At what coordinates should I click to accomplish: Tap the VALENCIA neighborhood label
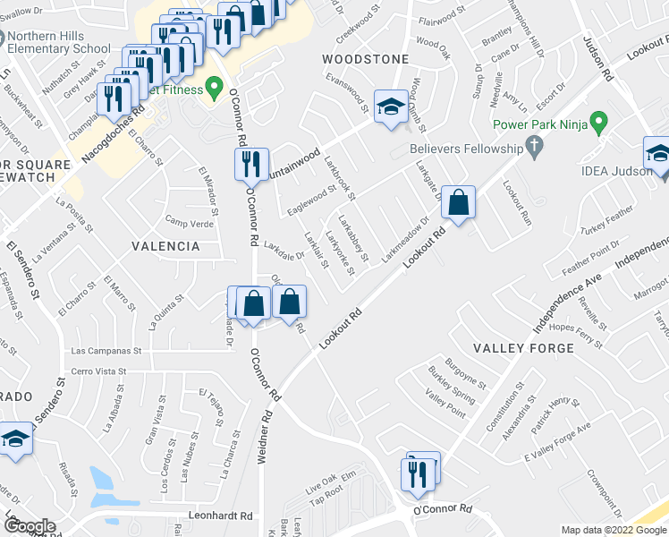click(165, 246)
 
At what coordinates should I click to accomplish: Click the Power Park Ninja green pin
click(600, 123)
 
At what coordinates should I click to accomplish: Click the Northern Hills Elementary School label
click(58, 42)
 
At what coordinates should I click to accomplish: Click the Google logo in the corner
click(30, 527)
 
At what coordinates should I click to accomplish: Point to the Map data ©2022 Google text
click(613, 530)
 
